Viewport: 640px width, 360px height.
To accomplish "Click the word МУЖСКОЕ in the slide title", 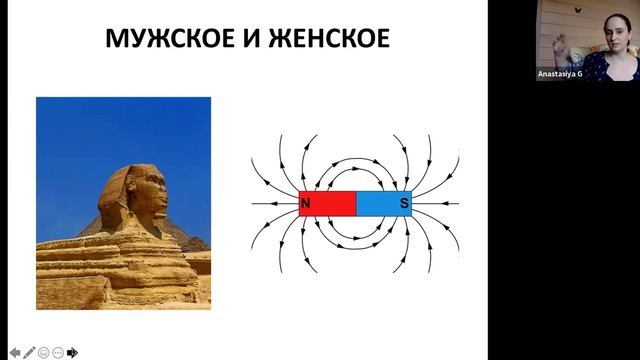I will pos(161,41).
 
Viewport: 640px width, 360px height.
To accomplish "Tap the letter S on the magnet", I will pos(404,204).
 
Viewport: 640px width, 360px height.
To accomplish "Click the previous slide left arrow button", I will pos(15,352).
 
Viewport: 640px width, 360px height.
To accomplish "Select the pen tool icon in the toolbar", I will pos(30,352).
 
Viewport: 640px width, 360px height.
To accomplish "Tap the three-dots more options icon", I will pos(59,352).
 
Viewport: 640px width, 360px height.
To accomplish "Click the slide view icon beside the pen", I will pos(44,352).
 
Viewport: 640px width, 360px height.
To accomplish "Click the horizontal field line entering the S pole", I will pos(440,204).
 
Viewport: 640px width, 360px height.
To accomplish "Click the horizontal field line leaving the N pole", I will pos(270,204).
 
